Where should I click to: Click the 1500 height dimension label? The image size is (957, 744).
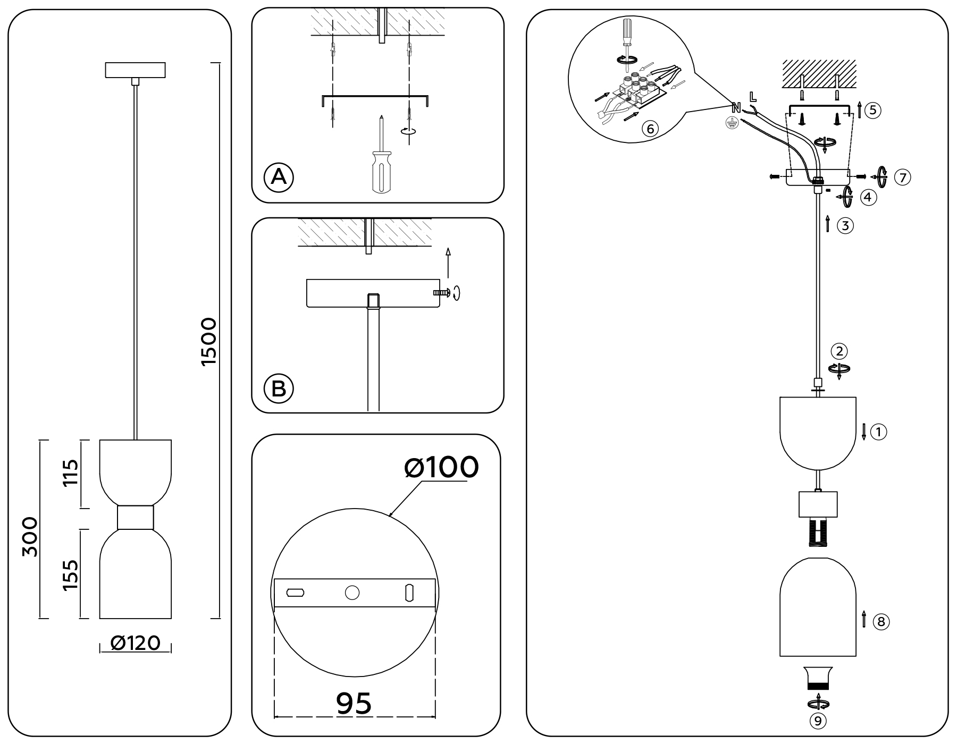pyautogui.click(x=209, y=341)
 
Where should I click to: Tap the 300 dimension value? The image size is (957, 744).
pyautogui.click(x=30, y=536)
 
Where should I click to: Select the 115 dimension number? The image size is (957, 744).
pyautogui.click(x=70, y=473)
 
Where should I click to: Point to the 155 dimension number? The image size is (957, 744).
pyautogui.click(x=70, y=575)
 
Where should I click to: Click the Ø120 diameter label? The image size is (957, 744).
pyautogui.click(x=136, y=643)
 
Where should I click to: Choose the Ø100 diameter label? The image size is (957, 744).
pyautogui.click(x=441, y=468)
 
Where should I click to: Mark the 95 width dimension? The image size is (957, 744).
pyautogui.click(x=354, y=704)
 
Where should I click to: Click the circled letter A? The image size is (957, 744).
pyautogui.click(x=279, y=176)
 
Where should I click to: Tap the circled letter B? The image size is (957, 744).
pyautogui.click(x=279, y=388)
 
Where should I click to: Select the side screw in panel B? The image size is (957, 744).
pyautogui.click(x=441, y=292)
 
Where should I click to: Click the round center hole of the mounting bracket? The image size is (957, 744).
pyautogui.click(x=352, y=593)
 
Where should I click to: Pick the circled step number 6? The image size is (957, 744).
pyautogui.click(x=650, y=129)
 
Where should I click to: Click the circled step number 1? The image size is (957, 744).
pyautogui.click(x=879, y=432)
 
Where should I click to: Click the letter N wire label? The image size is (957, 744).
pyautogui.click(x=736, y=107)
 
